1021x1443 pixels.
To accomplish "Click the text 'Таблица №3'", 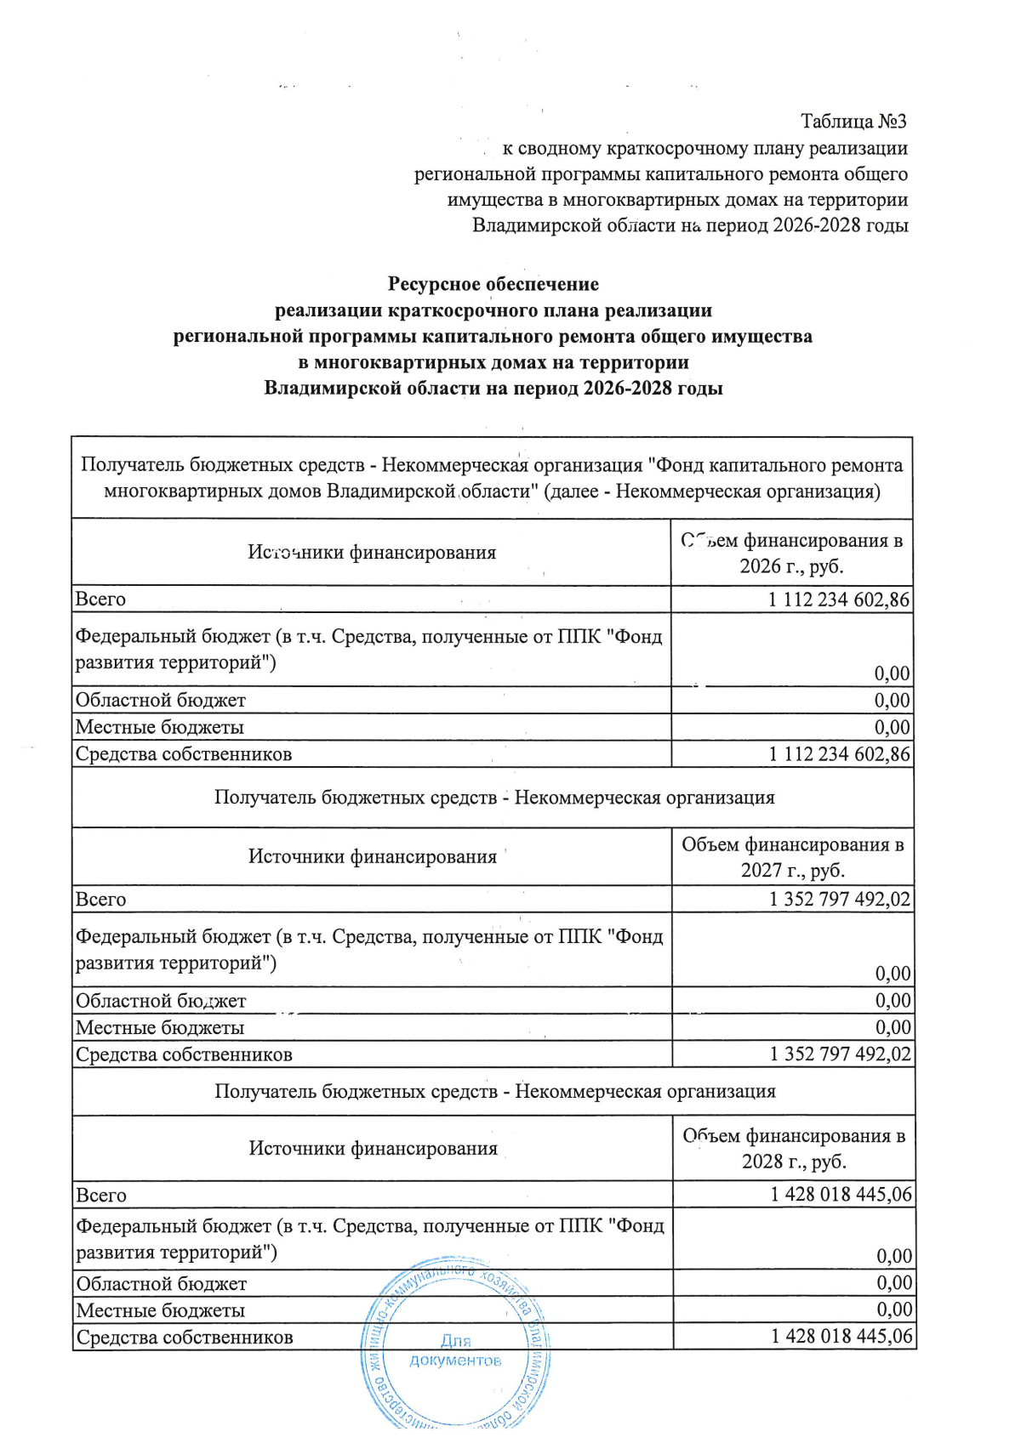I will (x=853, y=122).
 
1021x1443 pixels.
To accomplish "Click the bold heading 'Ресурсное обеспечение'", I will (x=493, y=284).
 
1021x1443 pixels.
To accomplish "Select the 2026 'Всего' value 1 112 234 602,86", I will (x=838, y=599).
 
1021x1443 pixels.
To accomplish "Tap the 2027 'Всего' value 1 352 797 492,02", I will (x=839, y=900).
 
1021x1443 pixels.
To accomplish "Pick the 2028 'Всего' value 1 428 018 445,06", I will (x=841, y=1195).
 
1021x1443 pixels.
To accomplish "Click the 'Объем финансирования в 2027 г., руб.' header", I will (x=792, y=857).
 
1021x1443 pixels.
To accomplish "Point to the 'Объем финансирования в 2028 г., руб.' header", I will (x=794, y=1148).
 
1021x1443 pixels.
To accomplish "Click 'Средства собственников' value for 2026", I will (x=839, y=754).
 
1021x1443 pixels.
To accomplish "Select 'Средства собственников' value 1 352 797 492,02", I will (x=840, y=1054).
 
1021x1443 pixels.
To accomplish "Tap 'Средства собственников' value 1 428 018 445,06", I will (x=841, y=1337).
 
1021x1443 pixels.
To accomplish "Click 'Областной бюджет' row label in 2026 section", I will (x=160, y=701).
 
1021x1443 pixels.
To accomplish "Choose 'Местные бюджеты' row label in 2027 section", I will (x=160, y=1028).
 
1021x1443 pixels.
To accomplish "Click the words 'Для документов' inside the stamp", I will (x=456, y=1350).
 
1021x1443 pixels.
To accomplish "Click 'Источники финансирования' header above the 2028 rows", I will (x=373, y=1149).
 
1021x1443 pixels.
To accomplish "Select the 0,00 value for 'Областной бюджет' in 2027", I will (x=893, y=1001).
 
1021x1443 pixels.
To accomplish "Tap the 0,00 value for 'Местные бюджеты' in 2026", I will (x=892, y=728).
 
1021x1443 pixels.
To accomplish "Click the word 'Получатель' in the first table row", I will (x=132, y=465).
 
